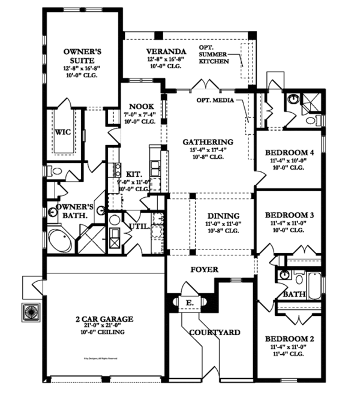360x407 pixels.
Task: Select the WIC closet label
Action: [x=63, y=131]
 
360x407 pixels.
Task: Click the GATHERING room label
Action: [x=207, y=142]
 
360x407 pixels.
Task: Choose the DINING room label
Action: [x=223, y=216]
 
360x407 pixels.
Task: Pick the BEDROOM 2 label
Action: [x=289, y=339]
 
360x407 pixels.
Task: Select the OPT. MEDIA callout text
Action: [x=214, y=100]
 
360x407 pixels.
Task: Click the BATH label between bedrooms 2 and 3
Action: [x=294, y=294]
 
